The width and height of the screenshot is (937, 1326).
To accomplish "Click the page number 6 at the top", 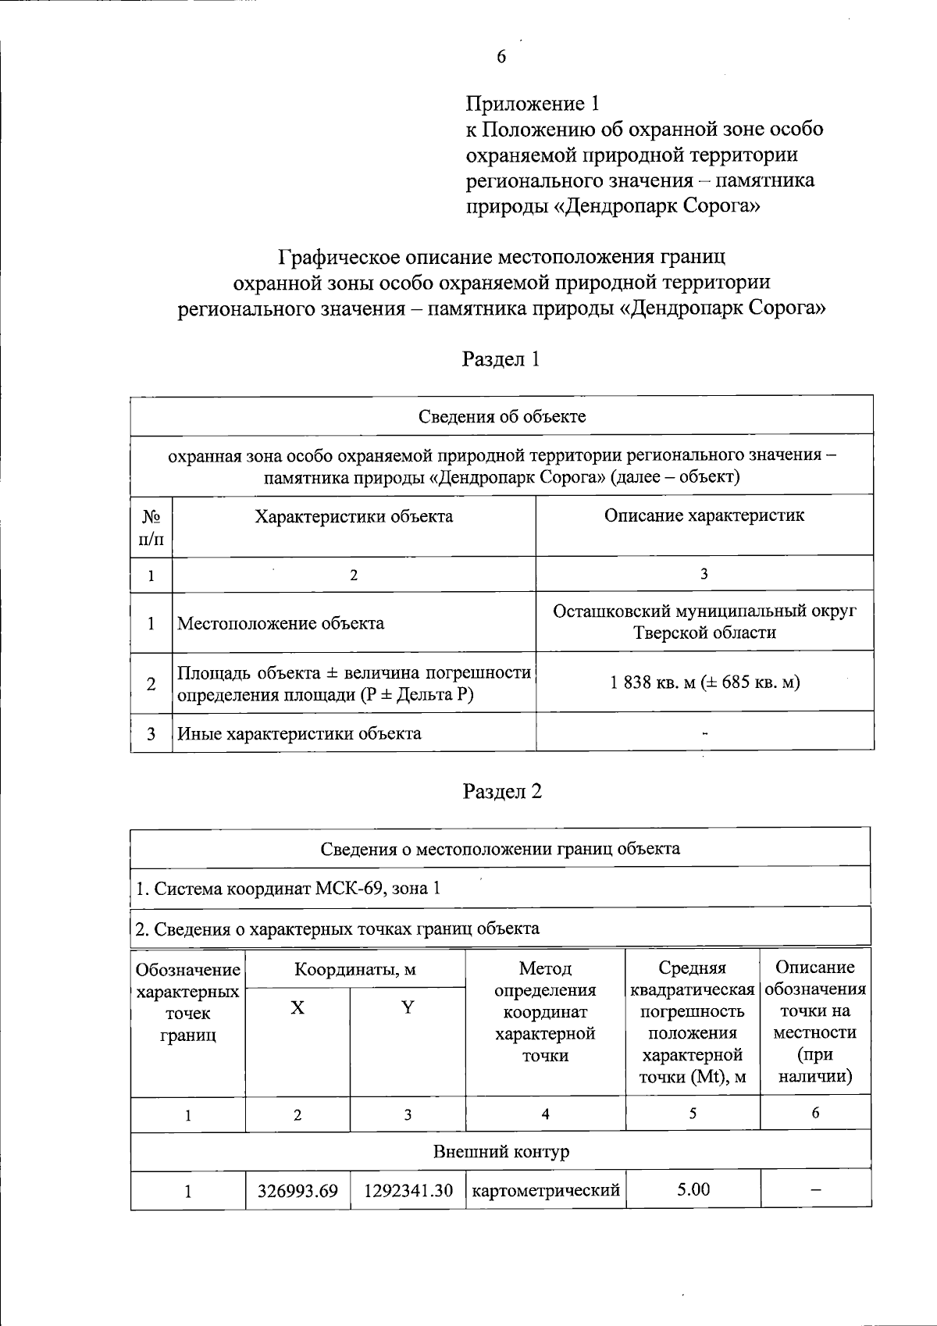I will click(501, 57).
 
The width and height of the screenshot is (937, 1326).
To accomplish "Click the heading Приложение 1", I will click(533, 104).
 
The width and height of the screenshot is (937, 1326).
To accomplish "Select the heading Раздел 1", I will click(501, 359).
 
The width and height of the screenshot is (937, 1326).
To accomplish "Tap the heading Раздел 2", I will click(502, 792).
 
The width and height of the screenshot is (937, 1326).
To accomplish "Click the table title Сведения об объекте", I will click(501, 416).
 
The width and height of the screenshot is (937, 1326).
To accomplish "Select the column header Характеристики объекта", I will click(354, 516).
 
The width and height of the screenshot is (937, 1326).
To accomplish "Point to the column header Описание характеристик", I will click(704, 515).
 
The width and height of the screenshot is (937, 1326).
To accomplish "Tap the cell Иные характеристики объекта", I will click(299, 733).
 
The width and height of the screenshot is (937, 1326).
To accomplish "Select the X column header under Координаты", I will click(297, 1008).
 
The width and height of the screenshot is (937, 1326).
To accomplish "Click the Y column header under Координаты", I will click(408, 1007).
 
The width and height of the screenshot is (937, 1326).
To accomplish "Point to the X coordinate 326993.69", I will click(297, 1191).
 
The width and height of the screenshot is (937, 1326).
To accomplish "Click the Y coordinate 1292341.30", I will click(408, 1191).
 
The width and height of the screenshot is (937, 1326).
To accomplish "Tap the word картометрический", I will click(546, 1191).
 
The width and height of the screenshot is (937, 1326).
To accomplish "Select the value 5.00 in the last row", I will click(693, 1189).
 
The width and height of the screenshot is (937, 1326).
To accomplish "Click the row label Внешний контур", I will click(501, 1152).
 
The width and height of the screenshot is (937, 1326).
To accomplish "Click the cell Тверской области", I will click(704, 633).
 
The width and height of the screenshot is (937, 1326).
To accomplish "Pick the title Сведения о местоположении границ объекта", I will click(500, 849).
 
